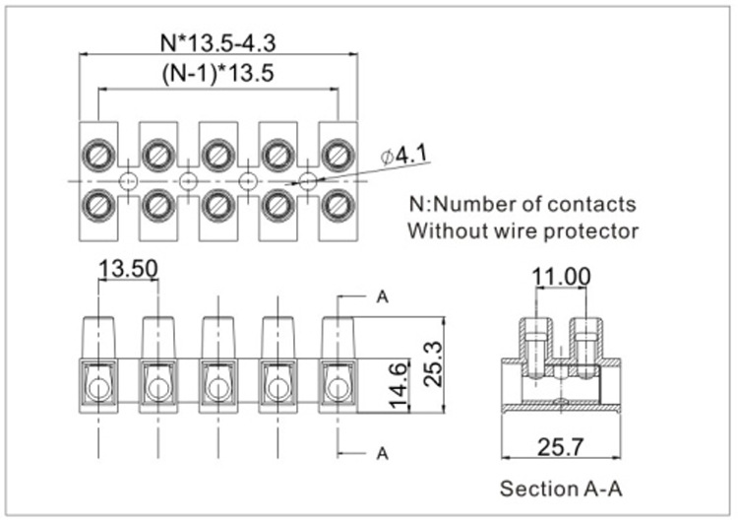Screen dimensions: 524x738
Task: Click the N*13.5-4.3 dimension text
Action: [216, 42]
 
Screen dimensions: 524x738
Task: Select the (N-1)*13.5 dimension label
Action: [217, 74]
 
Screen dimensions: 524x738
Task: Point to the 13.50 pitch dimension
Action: [128, 269]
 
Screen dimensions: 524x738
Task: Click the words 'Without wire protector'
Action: [523, 231]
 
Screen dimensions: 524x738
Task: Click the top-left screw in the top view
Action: [97, 155]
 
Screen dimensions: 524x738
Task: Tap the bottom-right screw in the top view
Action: [338, 205]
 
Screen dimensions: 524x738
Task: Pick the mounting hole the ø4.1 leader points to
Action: [309, 180]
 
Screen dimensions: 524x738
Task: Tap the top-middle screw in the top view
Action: [218, 155]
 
